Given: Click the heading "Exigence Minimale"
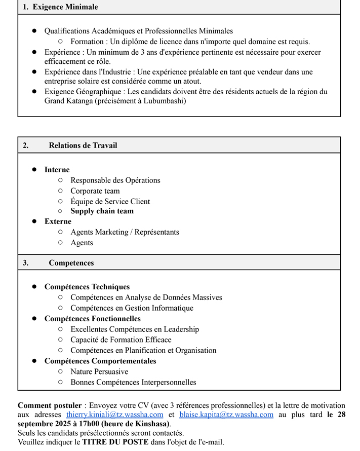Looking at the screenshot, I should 65,7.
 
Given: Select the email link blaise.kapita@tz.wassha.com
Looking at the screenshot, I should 226,415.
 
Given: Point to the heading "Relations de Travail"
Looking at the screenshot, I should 83,145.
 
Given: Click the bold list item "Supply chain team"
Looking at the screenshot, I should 102,211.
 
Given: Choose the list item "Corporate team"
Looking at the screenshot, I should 95,191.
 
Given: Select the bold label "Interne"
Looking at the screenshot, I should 57,170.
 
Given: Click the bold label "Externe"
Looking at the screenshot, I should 58,221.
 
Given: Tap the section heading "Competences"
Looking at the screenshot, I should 71,263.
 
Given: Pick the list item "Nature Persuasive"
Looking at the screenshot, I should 99,371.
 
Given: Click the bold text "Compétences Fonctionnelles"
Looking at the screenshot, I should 93,319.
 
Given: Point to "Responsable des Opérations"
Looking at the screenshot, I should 115,180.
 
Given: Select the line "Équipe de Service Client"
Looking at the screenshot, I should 110,201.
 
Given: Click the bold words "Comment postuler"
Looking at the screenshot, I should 50,405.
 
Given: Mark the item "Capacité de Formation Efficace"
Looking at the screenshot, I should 121,340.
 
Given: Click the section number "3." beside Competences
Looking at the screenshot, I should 25,263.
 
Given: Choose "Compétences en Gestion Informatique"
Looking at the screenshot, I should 132,308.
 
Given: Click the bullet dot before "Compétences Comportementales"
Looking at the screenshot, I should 34,361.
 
